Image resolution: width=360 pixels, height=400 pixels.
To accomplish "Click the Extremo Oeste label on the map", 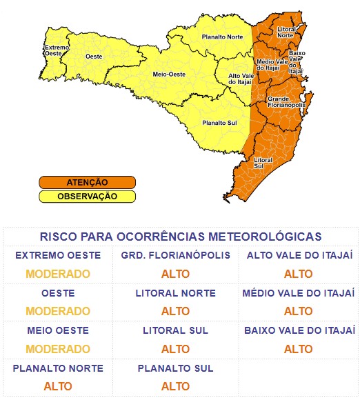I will click(56, 51).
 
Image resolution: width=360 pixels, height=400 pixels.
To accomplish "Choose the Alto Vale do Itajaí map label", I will click(240, 79).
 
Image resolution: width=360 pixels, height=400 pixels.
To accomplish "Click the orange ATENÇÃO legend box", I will click(87, 183).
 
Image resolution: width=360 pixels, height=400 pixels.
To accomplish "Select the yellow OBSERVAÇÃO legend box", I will click(87, 196).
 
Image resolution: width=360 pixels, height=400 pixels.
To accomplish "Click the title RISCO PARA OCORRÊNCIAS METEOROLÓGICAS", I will click(180, 237).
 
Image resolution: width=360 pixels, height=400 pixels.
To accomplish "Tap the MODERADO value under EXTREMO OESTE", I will click(58, 274).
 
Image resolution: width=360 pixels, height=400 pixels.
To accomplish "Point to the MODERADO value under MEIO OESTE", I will click(58, 348).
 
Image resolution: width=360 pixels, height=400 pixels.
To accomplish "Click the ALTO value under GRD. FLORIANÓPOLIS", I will click(175, 274).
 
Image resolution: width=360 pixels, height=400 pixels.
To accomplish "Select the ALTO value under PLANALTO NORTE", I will click(58, 386).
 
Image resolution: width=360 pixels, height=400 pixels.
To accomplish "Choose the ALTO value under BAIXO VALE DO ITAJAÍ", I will click(298, 348).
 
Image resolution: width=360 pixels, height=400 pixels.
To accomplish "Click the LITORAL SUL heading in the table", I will click(175, 331).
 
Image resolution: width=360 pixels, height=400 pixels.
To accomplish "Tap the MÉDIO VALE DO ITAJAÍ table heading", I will click(298, 294).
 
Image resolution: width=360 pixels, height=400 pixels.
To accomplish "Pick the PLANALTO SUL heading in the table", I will click(175, 368).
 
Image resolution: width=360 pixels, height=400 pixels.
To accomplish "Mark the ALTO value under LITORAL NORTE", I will click(175, 311).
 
